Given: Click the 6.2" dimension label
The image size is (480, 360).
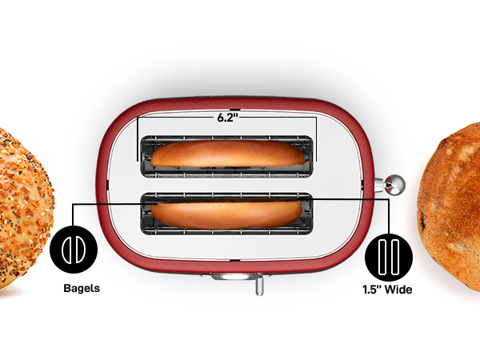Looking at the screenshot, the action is [x=227, y=117].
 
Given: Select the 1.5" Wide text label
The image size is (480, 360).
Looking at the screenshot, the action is [x=386, y=290].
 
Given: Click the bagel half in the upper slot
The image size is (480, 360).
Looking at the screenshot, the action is [x=227, y=154].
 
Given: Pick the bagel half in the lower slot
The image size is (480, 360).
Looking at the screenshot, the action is [x=227, y=213].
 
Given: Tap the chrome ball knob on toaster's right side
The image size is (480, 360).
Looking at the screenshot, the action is [x=394, y=185].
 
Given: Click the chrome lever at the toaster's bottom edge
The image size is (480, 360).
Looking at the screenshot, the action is [x=258, y=286].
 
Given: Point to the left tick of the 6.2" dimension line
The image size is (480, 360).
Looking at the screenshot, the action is [x=138, y=136].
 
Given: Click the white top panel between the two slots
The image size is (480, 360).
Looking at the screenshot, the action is [x=227, y=182].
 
